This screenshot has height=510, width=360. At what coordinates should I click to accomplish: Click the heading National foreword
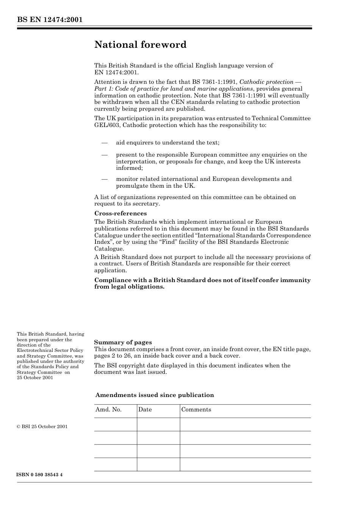tap(140, 45)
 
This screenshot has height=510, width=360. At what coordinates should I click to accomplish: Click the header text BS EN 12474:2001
tap(50, 20)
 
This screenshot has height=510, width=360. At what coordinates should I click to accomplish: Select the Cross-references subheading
tap(120, 213)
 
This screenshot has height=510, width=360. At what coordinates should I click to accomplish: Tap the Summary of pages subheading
tap(123, 342)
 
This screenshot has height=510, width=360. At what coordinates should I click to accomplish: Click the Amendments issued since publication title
tap(155, 395)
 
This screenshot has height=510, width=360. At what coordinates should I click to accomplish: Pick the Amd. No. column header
tap(108, 410)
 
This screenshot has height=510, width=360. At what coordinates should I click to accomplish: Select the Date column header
tap(145, 410)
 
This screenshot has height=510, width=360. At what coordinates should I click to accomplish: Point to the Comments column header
tap(196, 410)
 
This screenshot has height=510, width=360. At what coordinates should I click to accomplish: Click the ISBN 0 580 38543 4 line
tap(40, 475)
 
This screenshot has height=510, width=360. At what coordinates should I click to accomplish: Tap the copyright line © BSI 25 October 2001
tap(42, 427)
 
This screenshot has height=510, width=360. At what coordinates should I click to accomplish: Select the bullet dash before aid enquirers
tap(105, 143)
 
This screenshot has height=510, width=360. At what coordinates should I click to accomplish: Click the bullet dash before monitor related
tap(105, 179)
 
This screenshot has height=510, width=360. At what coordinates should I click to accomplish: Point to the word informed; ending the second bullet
tap(129, 168)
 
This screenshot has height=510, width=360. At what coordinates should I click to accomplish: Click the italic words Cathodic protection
tap(266, 82)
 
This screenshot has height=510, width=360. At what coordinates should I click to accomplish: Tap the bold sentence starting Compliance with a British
tap(202, 283)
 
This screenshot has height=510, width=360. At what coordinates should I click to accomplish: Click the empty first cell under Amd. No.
tap(115, 424)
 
